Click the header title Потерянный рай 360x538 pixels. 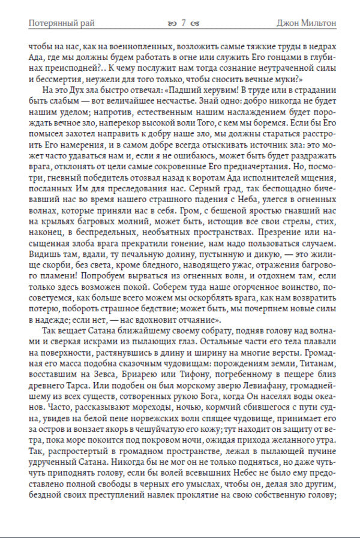[x=62, y=23]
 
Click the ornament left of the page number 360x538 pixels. [x=173, y=23]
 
